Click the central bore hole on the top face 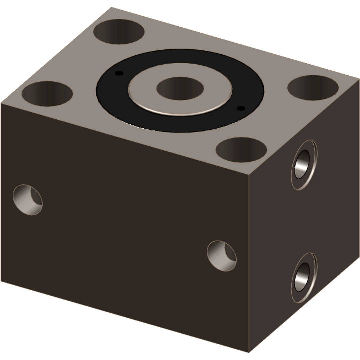[x=180, y=88]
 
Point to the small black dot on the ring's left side [x=119, y=73]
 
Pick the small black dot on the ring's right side [x=241, y=108]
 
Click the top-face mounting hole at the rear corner [x=119, y=32]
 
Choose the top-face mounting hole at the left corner [x=47, y=94]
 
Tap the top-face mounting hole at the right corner [x=313, y=88]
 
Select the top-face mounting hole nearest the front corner [x=241, y=150]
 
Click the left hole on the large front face [x=28, y=200]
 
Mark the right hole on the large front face [x=222, y=256]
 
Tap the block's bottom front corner [x=249, y=352]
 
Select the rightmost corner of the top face [x=359, y=79]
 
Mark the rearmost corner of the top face [x=111, y=7]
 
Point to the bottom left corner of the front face [x=1, y=281]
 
